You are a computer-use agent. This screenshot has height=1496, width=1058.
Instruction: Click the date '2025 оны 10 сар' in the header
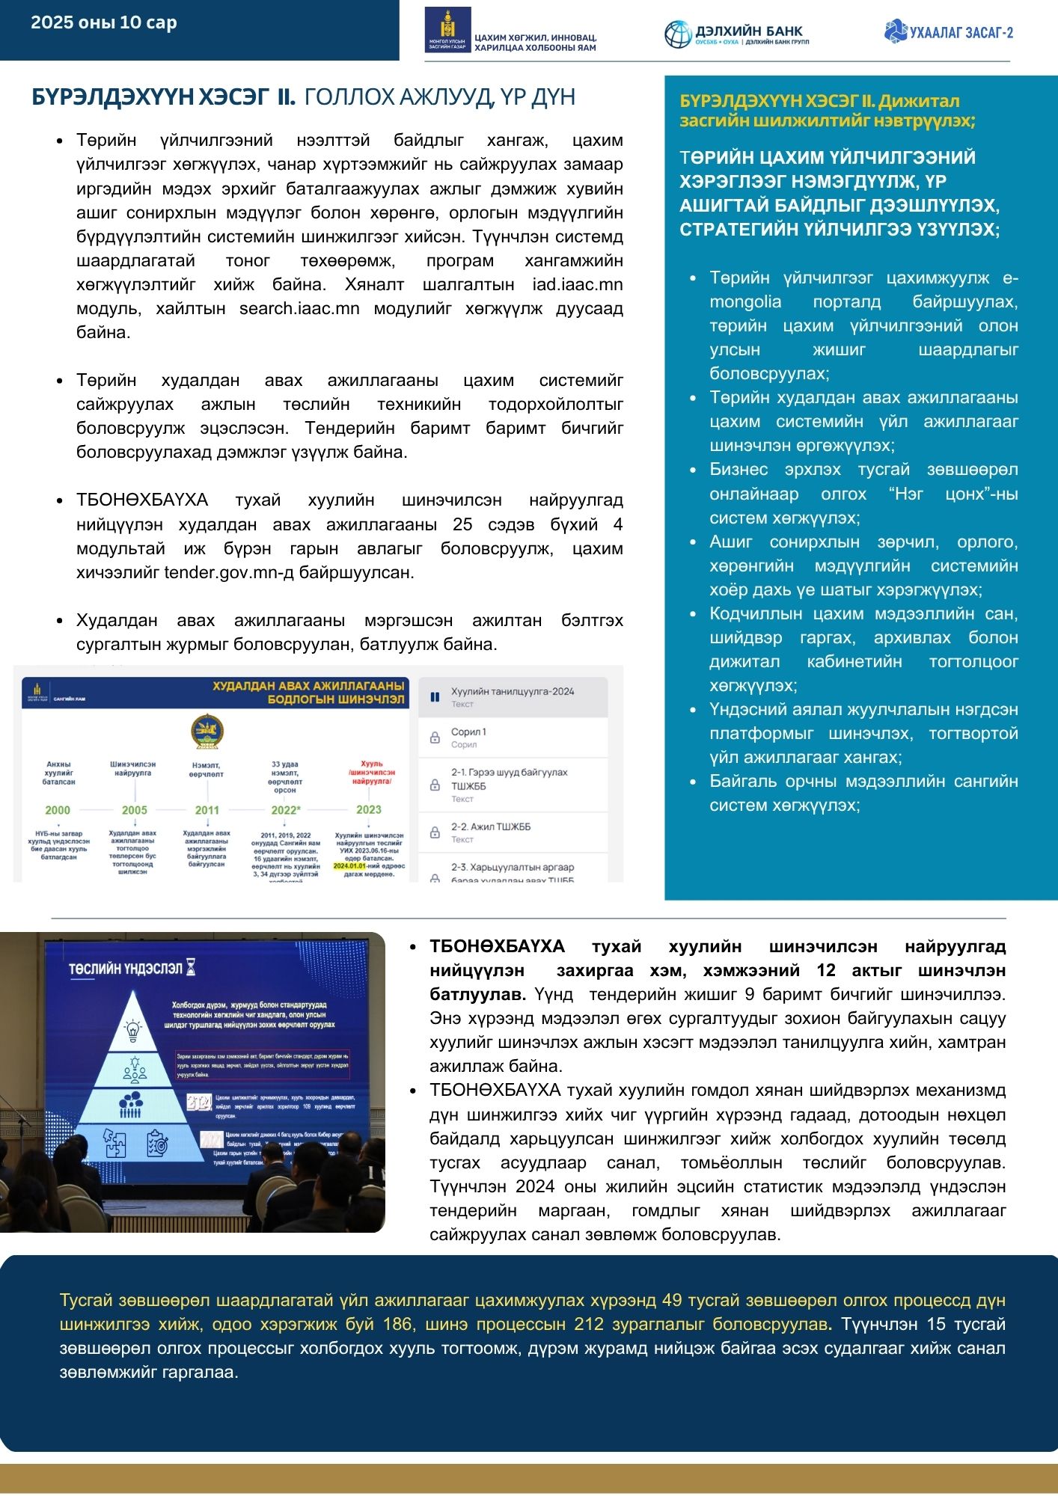[104, 22]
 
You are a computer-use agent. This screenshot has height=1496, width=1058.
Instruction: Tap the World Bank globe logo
[678, 34]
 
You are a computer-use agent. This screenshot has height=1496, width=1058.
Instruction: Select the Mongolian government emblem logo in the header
[447, 30]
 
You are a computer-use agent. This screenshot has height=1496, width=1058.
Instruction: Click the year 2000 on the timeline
[58, 810]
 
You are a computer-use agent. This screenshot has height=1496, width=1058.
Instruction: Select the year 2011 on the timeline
[207, 810]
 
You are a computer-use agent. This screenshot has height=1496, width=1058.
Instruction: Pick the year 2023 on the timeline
[369, 809]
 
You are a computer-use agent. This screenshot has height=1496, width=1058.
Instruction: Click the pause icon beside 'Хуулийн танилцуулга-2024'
[435, 697]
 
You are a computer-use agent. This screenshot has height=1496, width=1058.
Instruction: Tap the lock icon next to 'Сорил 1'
[435, 738]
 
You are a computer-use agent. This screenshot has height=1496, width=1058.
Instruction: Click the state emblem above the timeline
[207, 731]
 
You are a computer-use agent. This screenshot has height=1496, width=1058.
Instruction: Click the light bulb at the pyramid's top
[134, 1029]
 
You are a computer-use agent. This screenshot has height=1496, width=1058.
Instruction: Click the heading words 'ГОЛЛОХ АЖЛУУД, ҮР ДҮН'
[440, 97]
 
